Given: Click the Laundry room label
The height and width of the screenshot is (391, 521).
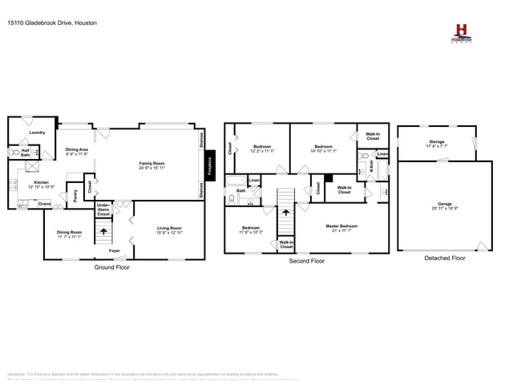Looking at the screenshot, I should [x=37, y=132].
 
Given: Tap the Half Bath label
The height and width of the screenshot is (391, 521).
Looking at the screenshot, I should [x=26, y=153].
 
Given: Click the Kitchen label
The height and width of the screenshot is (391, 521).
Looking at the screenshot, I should [x=41, y=184].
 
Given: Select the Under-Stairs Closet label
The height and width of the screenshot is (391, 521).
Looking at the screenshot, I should [x=103, y=210].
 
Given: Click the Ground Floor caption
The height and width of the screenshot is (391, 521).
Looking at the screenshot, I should [x=112, y=267].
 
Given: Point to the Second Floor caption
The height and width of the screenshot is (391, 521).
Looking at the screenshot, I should [x=306, y=261].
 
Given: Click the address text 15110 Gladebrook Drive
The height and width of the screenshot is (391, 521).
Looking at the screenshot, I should [x=41, y=23].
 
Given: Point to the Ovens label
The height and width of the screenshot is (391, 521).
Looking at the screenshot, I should [x=45, y=204].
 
